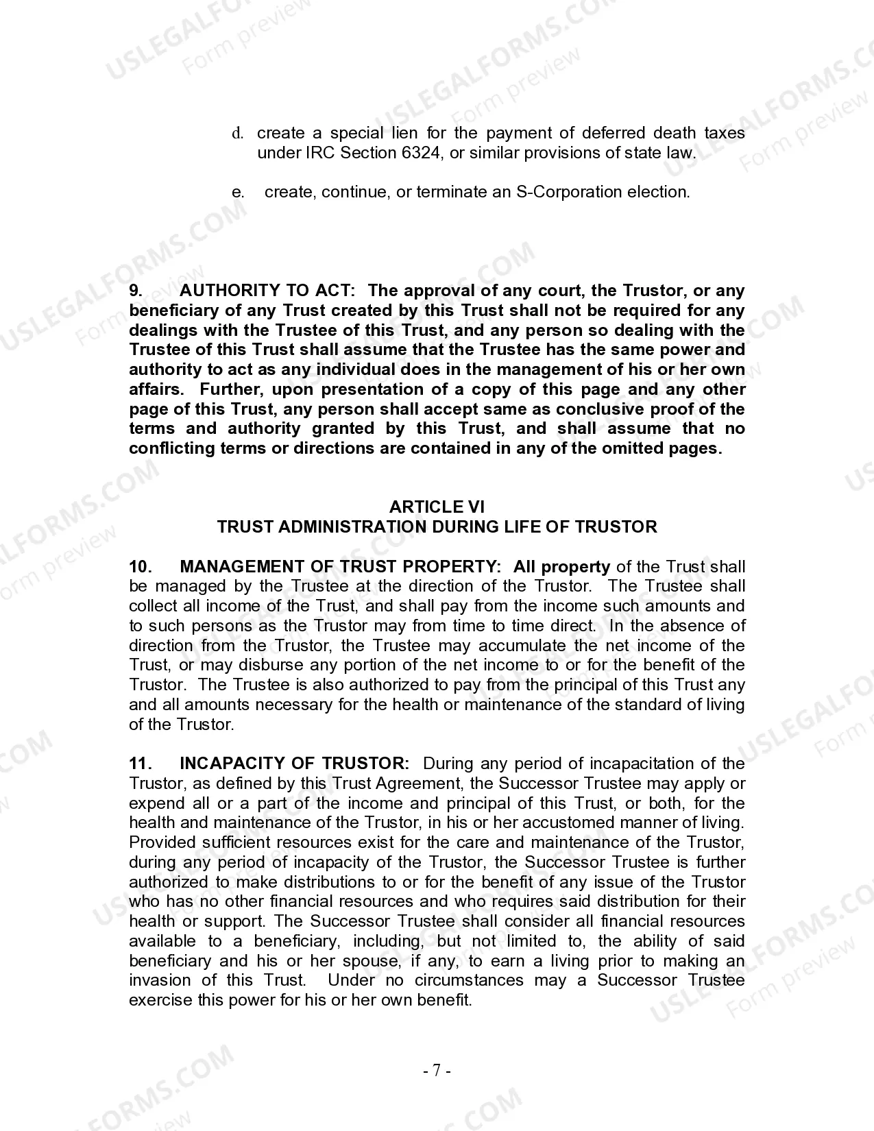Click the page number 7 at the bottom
click(437, 1071)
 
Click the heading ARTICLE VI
click(437, 507)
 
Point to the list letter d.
click(238, 133)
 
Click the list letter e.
click(238, 192)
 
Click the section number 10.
click(140, 567)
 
